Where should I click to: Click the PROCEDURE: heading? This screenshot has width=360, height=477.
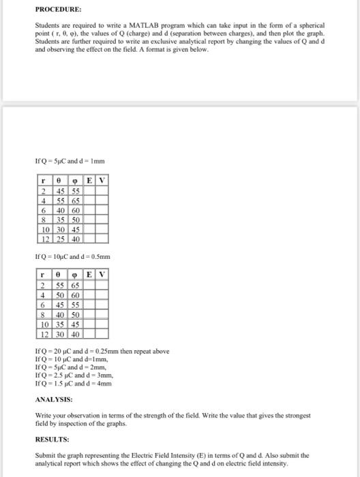click(x=58, y=10)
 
